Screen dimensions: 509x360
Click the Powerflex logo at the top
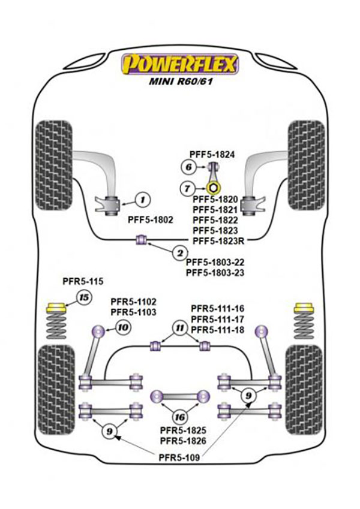tap(180, 64)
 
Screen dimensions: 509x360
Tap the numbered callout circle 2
tap(178, 254)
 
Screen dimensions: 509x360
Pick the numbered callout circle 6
tap(188, 167)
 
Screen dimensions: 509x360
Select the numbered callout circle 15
tap(85, 298)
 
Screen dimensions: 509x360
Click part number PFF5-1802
tap(151, 220)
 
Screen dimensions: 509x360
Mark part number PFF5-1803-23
tap(215, 272)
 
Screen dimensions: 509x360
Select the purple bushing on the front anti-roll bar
tap(143, 240)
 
